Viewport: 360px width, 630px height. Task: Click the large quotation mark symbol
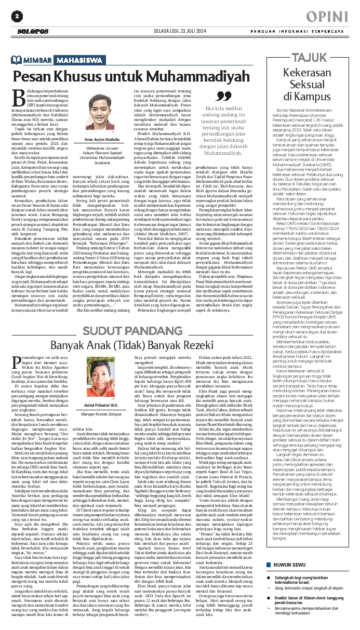pos(223,97)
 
